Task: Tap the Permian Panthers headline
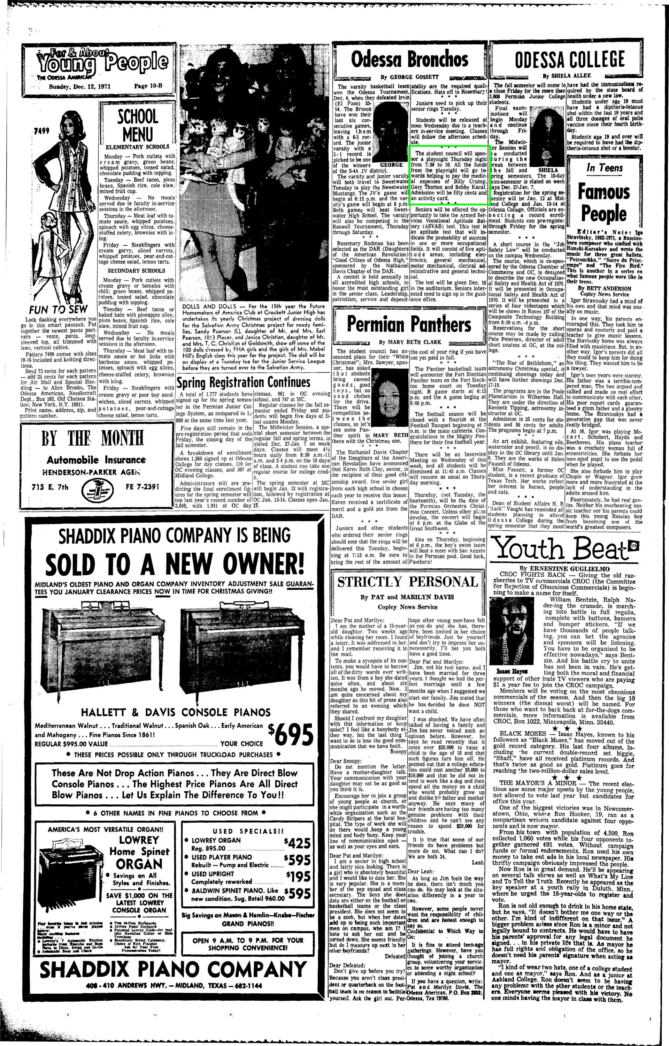(409, 324)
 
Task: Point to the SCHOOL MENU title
(137, 125)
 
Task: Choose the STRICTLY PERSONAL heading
(407, 582)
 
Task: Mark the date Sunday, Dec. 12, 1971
(80, 86)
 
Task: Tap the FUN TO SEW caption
(58, 310)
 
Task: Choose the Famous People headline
(604, 203)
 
